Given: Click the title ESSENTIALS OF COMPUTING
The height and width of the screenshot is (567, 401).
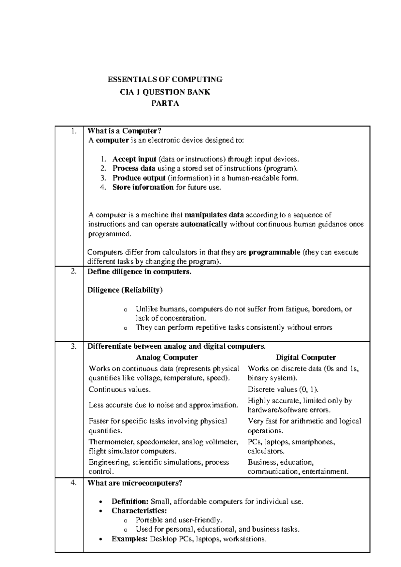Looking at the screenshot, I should pyautogui.click(x=165, y=80).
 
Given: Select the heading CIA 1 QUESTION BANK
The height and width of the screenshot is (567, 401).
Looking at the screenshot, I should pyautogui.click(x=165, y=92).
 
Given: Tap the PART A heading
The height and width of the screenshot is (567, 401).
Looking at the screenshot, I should pyautogui.click(x=165, y=104).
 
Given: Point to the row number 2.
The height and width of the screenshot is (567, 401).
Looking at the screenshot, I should pyautogui.click(x=74, y=271).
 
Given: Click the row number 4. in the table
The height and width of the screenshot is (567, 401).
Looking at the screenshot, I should pyautogui.click(x=74, y=482).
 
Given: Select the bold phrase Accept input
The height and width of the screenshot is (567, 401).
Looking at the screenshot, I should pyautogui.click(x=134, y=159).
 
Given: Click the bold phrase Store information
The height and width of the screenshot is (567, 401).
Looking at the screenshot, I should pyautogui.click(x=143, y=187).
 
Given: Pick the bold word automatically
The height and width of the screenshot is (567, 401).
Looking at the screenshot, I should pyautogui.click(x=204, y=224).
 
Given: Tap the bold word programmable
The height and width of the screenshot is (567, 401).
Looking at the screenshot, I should pyautogui.click(x=274, y=252).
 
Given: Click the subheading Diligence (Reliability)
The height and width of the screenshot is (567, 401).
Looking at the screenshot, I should pyautogui.click(x=125, y=290).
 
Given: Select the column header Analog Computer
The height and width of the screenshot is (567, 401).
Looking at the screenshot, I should pyautogui.click(x=167, y=357).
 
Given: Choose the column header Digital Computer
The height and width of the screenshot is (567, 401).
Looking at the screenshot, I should pyautogui.click(x=306, y=357).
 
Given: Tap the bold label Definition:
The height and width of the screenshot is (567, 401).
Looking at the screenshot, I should pyautogui.click(x=130, y=501).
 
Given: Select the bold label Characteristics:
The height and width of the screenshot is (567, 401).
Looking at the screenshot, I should pyautogui.click(x=139, y=511).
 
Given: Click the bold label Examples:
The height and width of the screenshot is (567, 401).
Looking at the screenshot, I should pyautogui.click(x=129, y=539).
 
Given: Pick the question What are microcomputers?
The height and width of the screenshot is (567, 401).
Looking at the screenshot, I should pyautogui.click(x=135, y=483).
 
